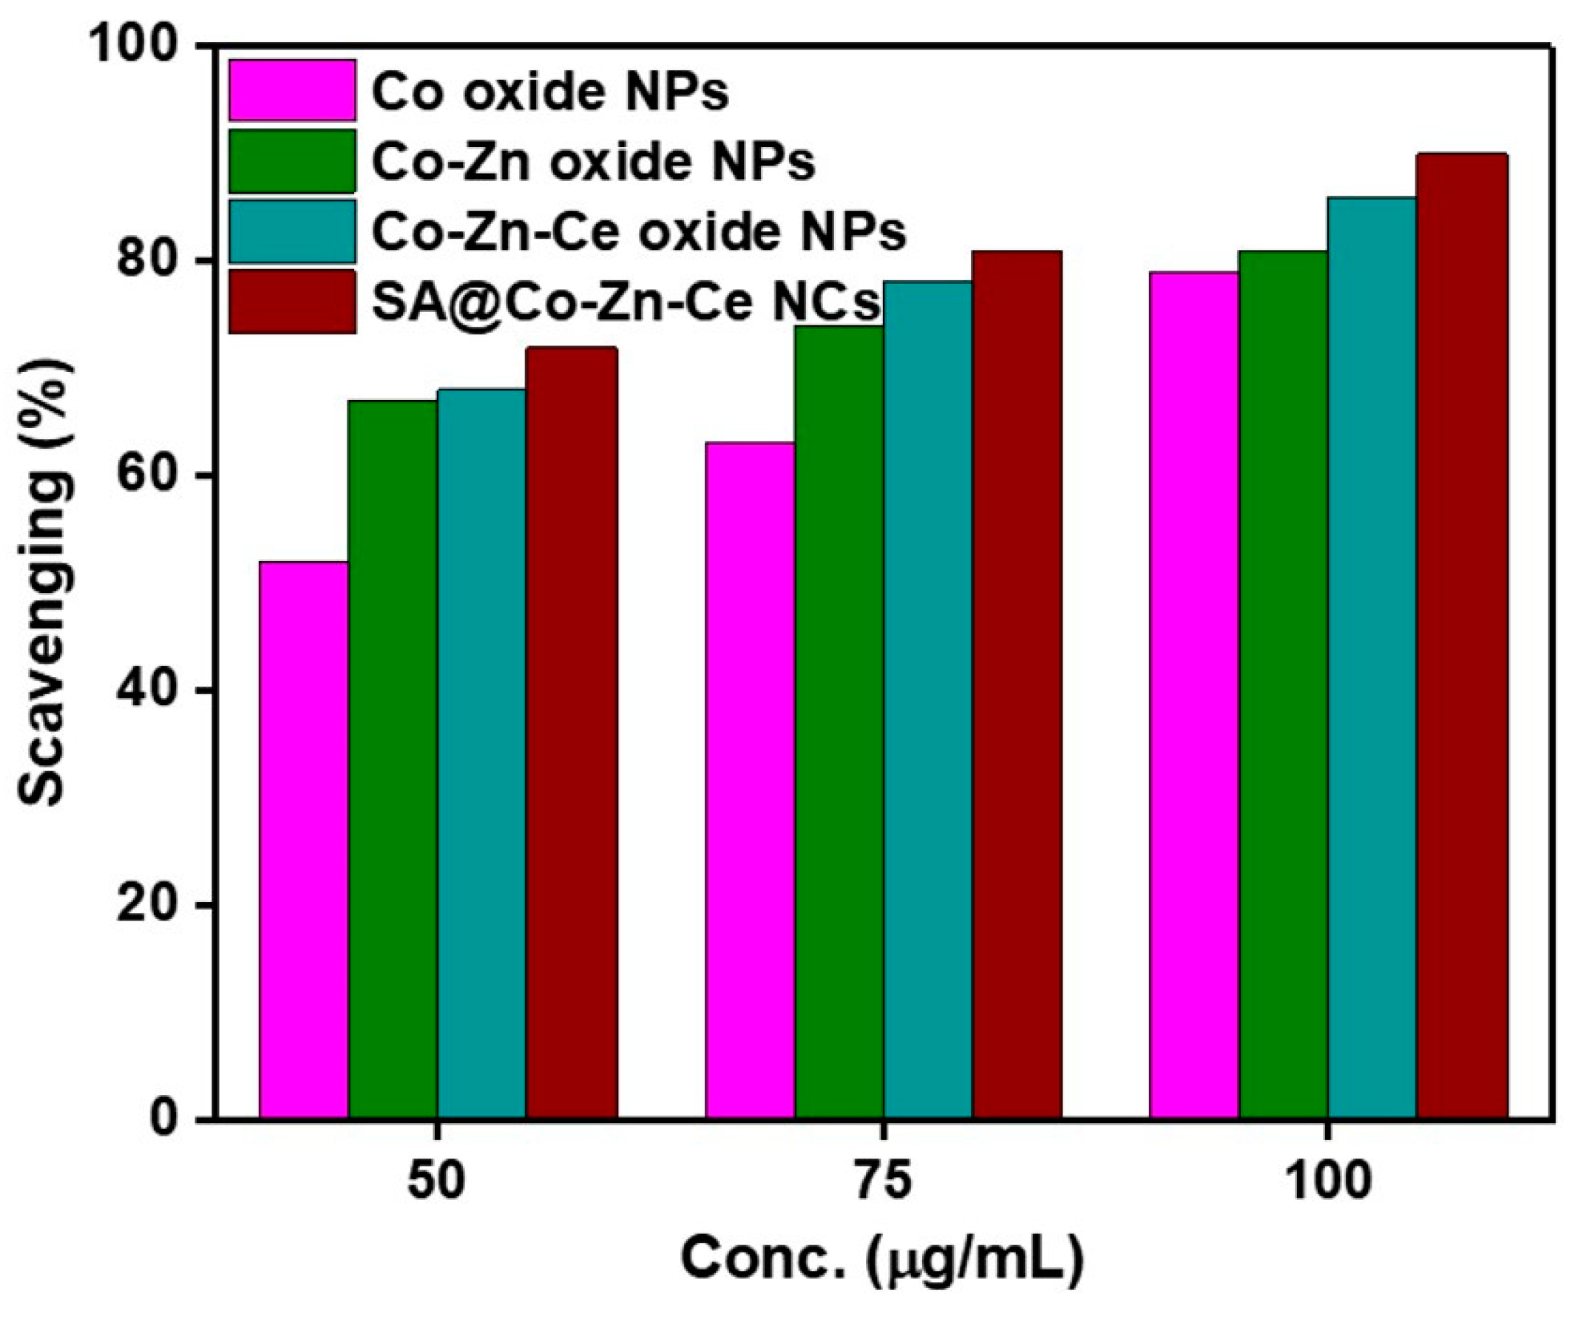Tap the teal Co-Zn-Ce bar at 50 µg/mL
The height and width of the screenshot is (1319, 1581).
(x=481, y=753)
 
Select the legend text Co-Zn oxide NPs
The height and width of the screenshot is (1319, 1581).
(x=593, y=161)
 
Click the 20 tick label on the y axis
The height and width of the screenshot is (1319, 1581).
(x=147, y=905)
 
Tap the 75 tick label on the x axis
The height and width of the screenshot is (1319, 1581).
(x=882, y=1182)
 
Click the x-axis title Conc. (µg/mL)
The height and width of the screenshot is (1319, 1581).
(x=882, y=1259)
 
